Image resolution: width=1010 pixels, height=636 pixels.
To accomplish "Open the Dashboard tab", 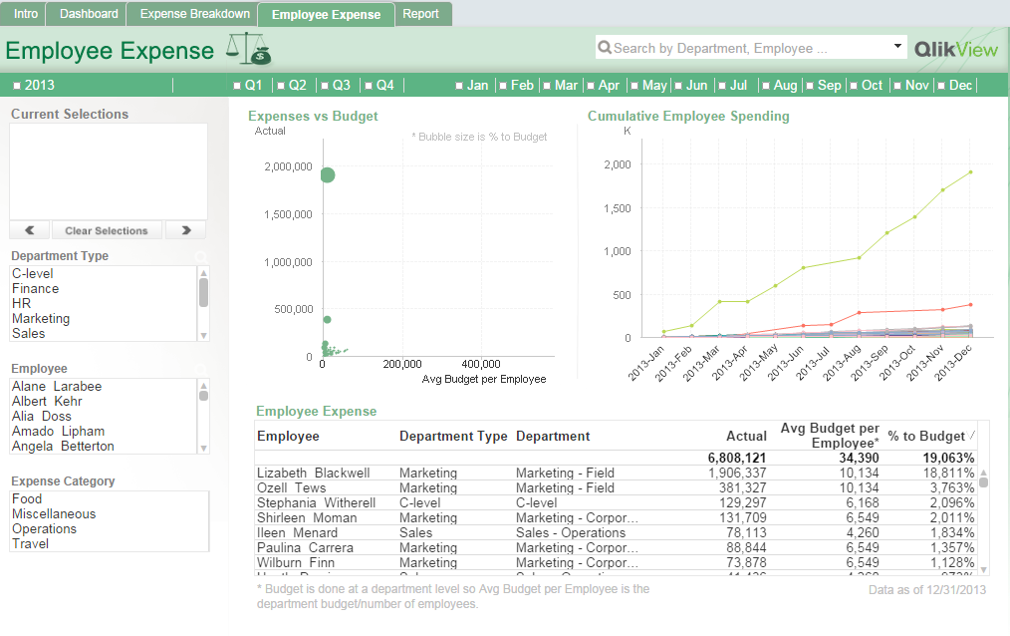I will point(89,14).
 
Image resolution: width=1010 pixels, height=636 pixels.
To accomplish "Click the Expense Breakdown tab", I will point(195,14).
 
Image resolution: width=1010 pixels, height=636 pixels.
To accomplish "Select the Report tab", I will point(420,14).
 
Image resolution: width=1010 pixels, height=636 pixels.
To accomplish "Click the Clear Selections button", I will point(107,230).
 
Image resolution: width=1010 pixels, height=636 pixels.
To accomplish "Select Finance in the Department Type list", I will point(36,289).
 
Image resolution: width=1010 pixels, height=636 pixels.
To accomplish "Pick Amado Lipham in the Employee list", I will point(58,432).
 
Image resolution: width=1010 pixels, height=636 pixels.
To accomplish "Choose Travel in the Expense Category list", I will point(30,544).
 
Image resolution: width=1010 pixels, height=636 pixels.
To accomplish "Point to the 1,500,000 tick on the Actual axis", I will point(288,214).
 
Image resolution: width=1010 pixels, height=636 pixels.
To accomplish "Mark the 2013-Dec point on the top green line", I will point(970,171).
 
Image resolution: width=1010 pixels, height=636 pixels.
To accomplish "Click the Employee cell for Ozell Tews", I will point(292,488).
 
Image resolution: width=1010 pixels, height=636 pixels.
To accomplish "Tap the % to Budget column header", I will point(926,437).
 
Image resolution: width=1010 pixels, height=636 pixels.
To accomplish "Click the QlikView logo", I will point(955,48).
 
